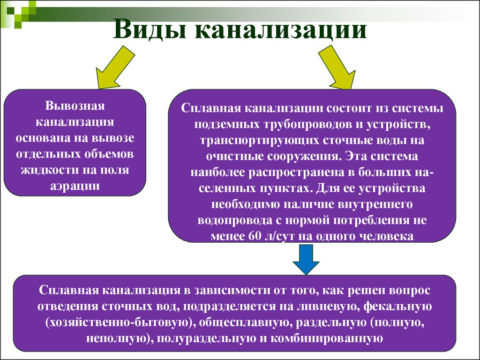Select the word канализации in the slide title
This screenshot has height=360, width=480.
point(281,30)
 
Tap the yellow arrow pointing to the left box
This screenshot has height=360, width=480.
point(115,67)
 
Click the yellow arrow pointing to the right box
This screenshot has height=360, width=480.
point(337,67)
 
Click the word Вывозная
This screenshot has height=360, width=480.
point(75,105)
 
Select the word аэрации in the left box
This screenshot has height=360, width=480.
point(75,186)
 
